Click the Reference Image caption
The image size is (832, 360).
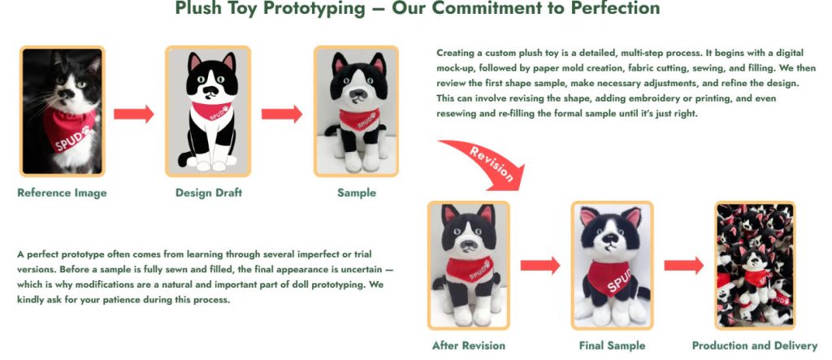point(62,193)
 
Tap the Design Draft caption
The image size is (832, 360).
point(209,193)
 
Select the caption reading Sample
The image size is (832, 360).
point(357,193)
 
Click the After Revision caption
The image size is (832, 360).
point(469,345)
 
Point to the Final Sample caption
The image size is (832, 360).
point(613,345)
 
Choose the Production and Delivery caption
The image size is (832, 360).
point(754,345)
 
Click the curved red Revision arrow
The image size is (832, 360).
point(484,158)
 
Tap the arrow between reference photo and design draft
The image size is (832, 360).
point(133,114)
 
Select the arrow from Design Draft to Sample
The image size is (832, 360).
point(281,114)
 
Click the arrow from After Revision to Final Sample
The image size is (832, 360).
point(540,266)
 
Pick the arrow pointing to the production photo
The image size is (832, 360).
point(683,266)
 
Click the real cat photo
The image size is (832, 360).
point(63,111)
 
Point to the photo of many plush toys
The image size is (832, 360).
point(754,264)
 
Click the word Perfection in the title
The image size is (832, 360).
point(613,9)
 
